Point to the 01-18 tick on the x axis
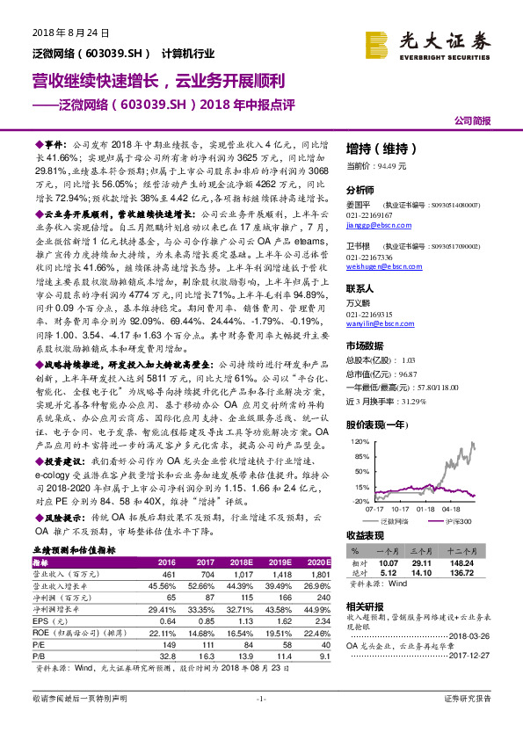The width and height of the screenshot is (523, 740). [x=425, y=508]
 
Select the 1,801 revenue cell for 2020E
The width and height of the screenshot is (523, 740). [x=318, y=573]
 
